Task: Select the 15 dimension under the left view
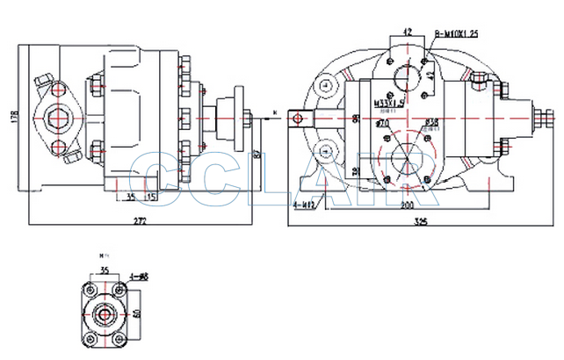tap(151, 197)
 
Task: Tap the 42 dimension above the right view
tap(406, 32)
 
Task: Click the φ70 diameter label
tap(382, 124)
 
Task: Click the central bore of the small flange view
tap(105, 313)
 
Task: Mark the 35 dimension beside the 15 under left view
tap(130, 197)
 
